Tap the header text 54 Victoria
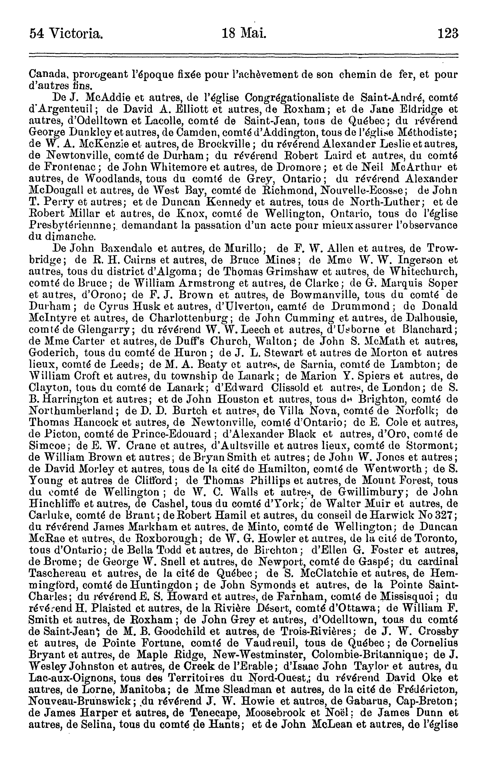click(x=66, y=33)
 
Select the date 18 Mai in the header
click(x=244, y=33)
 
